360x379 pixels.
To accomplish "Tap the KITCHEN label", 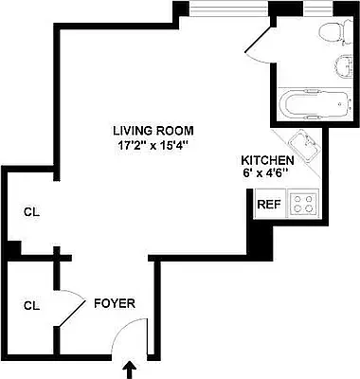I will [268, 161].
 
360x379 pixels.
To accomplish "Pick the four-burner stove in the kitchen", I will [303, 202].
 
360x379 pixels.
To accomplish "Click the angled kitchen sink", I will [305, 145].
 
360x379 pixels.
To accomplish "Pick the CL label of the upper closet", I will [30, 211].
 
